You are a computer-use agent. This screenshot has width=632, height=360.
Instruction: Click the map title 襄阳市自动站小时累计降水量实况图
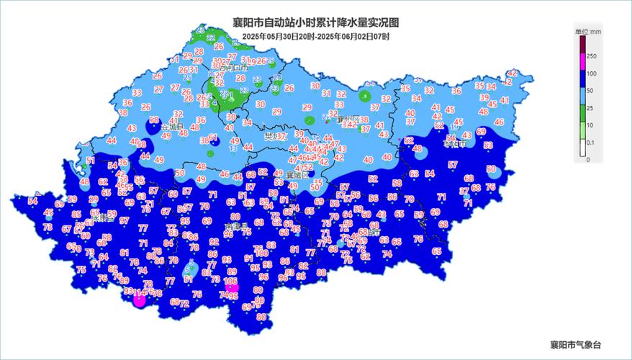click(x=316, y=22)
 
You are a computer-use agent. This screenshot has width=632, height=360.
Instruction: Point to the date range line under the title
click(x=316, y=36)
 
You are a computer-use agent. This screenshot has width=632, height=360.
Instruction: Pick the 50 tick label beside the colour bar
click(x=591, y=91)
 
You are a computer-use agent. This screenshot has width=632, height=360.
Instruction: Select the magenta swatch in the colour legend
click(x=582, y=65)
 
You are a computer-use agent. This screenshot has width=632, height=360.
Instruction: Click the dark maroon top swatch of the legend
click(x=582, y=46)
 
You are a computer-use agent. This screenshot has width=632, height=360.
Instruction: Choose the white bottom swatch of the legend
click(x=582, y=150)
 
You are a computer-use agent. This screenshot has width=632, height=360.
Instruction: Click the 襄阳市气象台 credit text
click(x=576, y=345)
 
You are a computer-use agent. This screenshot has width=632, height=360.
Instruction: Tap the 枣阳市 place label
click(x=454, y=144)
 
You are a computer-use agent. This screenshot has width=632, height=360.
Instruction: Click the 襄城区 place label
click(x=297, y=175)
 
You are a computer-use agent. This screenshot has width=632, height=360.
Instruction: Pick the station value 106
click(x=231, y=282)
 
